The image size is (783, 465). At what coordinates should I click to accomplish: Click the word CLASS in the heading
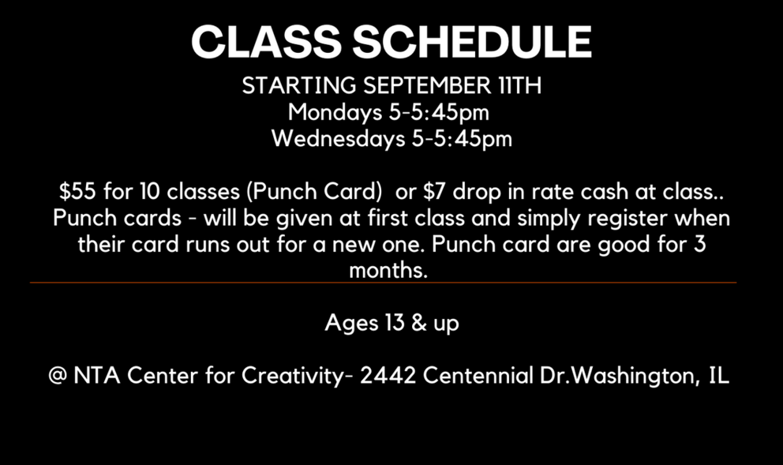(266, 42)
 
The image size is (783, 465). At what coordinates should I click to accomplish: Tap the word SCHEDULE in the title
(472, 42)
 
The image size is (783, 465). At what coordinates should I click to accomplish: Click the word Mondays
(335, 112)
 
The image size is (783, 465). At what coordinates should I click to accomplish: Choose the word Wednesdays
(338, 138)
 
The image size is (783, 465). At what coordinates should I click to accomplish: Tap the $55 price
(77, 191)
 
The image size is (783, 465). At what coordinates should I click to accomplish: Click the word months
(388, 271)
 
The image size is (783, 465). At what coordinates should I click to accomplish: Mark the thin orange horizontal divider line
(383, 283)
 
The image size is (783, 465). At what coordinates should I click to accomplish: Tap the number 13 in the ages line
(395, 323)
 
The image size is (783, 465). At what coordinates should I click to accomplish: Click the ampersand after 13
(419, 323)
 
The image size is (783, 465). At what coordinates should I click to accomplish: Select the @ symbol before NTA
(58, 376)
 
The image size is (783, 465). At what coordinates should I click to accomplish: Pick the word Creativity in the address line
(293, 376)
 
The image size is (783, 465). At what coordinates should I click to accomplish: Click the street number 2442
(388, 376)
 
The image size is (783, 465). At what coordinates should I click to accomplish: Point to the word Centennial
(478, 376)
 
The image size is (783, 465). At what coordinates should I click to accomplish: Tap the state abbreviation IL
(719, 376)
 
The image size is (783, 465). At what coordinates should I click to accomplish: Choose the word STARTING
(299, 85)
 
